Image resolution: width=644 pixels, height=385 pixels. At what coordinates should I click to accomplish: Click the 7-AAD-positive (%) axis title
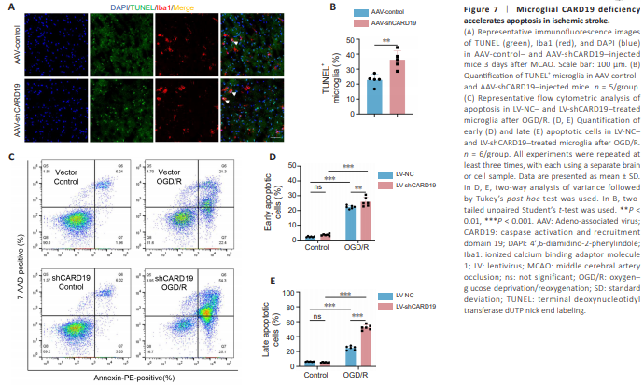tap(12, 260)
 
